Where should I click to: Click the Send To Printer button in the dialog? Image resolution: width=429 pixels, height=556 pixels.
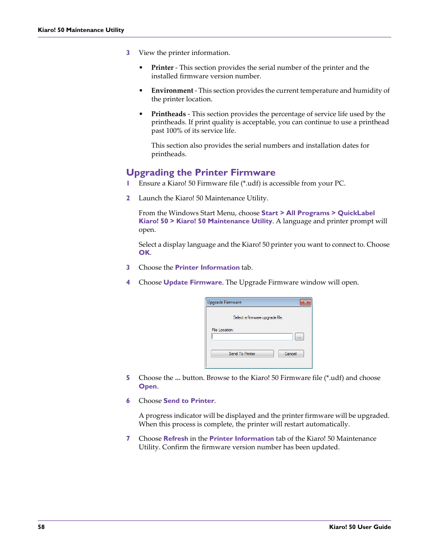pos(242,354)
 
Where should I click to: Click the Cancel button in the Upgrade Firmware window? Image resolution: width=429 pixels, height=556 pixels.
pos(290,354)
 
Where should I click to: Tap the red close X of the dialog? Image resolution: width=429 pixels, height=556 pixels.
pos(305,302)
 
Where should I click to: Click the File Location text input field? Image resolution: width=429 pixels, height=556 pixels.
pos(252,337)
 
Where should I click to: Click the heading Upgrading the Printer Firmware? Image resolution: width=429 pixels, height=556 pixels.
pos(201,172)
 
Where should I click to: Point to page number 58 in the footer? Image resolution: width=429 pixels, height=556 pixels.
pos(41,527)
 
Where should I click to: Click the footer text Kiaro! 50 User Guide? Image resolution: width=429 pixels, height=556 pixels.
pos(360,527)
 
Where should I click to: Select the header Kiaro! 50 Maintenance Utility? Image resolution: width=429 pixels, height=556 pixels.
pos(81,30)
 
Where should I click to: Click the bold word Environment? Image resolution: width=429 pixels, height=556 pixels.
pos(172,90)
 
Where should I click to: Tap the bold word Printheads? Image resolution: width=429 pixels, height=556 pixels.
pos(168,114)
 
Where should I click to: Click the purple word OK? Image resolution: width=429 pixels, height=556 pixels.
pos(144,253)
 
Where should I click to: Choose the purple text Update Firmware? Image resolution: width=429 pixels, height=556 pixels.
pos(192,282)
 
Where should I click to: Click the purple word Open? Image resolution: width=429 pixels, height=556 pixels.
pos(147,386)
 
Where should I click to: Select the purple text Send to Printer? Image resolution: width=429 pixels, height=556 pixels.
pos(189,401)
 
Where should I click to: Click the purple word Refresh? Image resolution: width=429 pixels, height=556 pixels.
pos(176,438)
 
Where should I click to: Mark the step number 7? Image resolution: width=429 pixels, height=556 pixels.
pos(128,438)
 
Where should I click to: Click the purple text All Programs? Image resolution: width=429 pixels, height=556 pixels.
pos(308,213)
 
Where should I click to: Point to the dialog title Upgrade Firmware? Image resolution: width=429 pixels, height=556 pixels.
pos(224,303)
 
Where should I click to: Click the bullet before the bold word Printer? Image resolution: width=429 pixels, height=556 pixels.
pos(141,68)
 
